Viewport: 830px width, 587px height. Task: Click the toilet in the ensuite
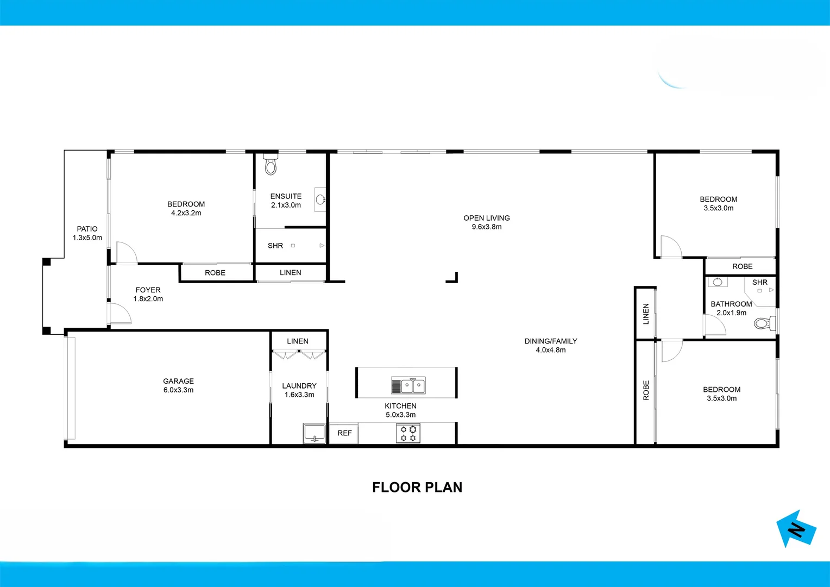pyautogui.click(x=271, y=165)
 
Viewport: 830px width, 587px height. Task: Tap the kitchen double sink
pyautogui.click(x=408, y=386)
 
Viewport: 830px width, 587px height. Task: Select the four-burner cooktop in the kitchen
pyautogui.click(x=408, y=434)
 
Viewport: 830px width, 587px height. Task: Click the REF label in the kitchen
pyautogui.click(x=344, y=433)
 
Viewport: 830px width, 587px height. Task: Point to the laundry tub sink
pyautogui.click(x=314, y=433)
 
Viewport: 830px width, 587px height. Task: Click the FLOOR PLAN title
pyautogui.click(x=417, y=488)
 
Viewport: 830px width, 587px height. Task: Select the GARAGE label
pyautogui.click(x=178, y=381)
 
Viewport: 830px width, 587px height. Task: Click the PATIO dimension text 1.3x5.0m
pyautogui.click(x=87, y=238)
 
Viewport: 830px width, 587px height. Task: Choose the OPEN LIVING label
pyautogui.click(x=486, y=218)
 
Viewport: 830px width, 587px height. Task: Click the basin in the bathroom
pyautogui.click(x=718, y=282)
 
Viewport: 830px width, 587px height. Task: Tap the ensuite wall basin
pyautogui.click(x=320, y=199)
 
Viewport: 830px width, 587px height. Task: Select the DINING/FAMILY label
pyautogui.click(x=550, y=341)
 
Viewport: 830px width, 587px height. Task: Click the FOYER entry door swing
pyautogui.click(x=120, y=314)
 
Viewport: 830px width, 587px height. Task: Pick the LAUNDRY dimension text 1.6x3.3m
pyautogui.click(x=299, y=395)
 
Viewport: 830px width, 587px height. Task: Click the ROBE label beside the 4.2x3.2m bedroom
pyautogui.click(x=215, y=273)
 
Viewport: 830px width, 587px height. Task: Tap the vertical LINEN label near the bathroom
pyautogui.click(x=646, y=314)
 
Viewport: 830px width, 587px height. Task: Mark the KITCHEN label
pyautogui.click(x=400, y=406)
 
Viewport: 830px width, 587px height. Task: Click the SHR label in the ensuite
pyautogui.click(x=275, y=246)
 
